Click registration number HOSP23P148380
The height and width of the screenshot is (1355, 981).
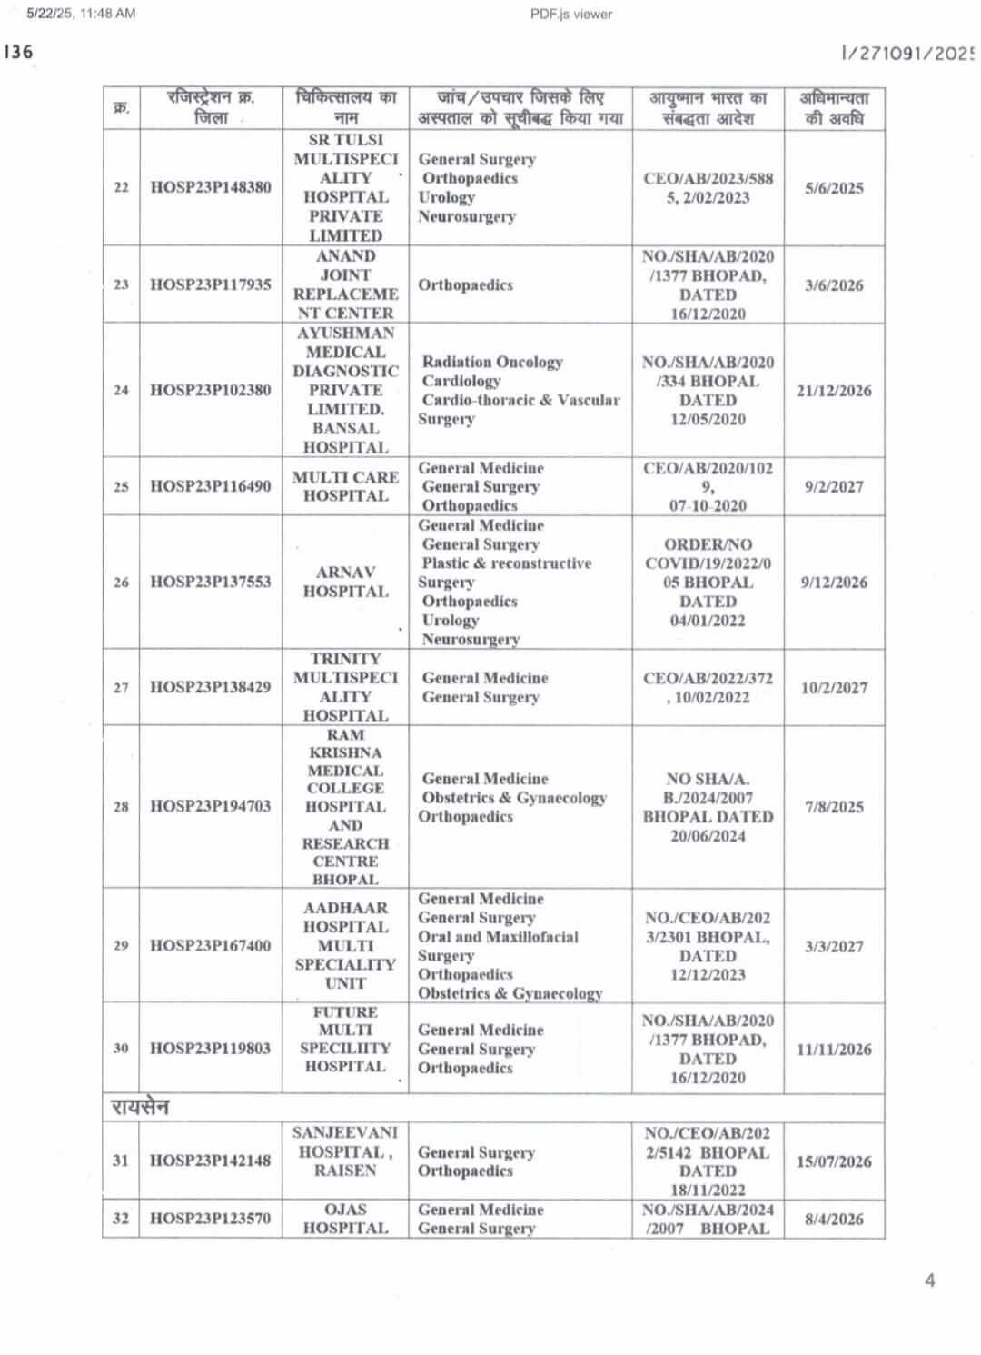[211, 187]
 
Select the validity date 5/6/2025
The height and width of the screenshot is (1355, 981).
[834, 188]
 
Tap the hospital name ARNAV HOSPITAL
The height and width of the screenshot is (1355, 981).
[346, 582]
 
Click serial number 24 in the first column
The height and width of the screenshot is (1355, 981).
[121, 390]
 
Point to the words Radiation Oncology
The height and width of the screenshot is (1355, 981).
[492, 362]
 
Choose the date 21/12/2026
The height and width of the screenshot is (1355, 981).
[834, 391]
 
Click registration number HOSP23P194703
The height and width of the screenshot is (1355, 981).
[211, 806]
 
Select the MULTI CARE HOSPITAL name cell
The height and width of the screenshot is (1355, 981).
[346, 486]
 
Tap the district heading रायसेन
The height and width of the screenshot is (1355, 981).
[140, 1107]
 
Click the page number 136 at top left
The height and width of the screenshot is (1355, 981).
[18, 52]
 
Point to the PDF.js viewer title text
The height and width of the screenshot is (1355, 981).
[571, 14]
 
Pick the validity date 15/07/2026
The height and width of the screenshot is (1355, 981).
[834, 1161]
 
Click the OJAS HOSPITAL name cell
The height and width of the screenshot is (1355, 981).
[346, 1219]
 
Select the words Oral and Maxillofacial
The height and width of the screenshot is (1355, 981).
[498, 937]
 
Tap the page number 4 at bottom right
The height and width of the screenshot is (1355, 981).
[929, 1280]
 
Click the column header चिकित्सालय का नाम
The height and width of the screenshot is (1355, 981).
[346, 107]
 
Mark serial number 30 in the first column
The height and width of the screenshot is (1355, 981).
[121, 1048]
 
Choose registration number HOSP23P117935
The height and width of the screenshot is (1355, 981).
[211, 284]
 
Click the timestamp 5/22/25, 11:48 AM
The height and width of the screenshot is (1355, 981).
[81, 14]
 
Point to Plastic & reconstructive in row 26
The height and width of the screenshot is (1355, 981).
[507, 563]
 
